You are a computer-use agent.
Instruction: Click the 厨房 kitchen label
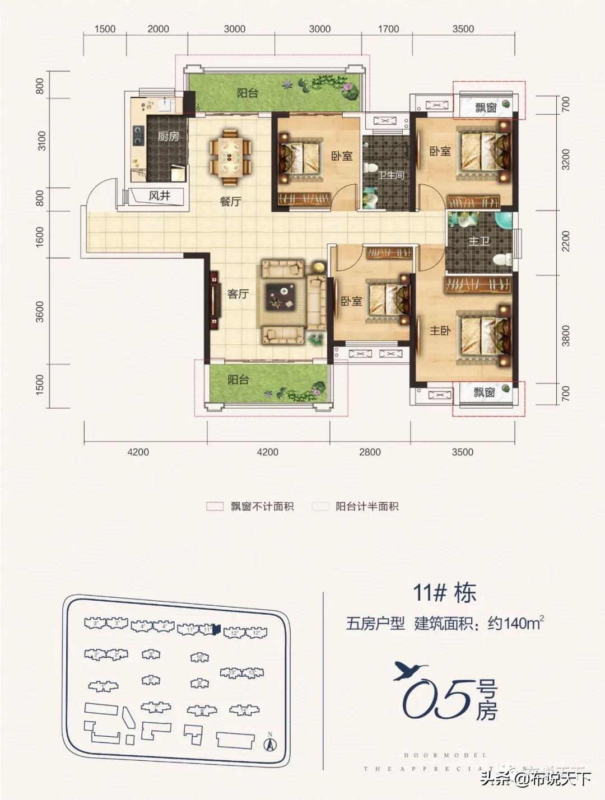168,136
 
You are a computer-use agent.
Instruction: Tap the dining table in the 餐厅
230,157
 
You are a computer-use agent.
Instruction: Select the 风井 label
160,196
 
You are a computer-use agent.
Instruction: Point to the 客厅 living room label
238,293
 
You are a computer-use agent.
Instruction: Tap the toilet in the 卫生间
370,167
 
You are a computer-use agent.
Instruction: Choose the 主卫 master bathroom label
479,241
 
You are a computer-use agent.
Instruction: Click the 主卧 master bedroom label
440,331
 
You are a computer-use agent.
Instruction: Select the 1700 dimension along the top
388,29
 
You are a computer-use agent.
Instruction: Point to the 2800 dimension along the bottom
370,452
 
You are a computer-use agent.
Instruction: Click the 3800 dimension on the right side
565,336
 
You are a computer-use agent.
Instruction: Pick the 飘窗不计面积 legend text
262,507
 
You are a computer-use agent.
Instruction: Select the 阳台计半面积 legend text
367,507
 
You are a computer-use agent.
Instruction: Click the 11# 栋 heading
445,593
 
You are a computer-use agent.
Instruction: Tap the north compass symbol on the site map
270,743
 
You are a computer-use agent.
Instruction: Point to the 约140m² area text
516,623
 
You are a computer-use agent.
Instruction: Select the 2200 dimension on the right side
565,242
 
